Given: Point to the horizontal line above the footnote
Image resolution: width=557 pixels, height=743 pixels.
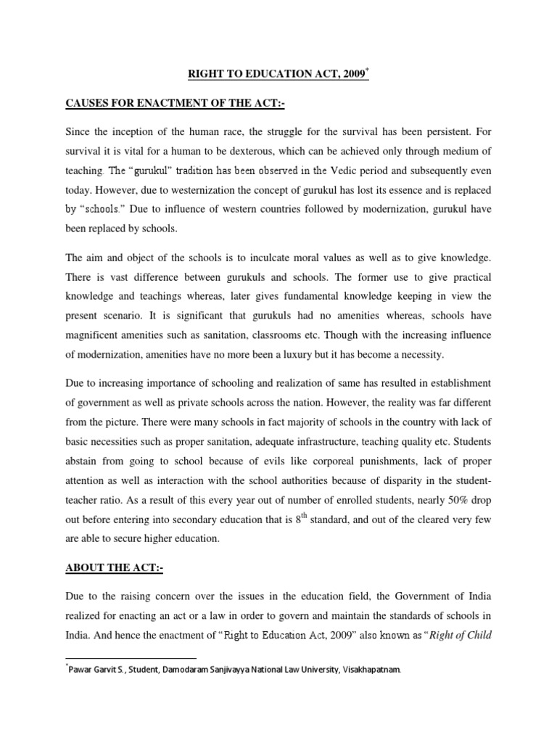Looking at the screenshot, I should click(131, 657).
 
